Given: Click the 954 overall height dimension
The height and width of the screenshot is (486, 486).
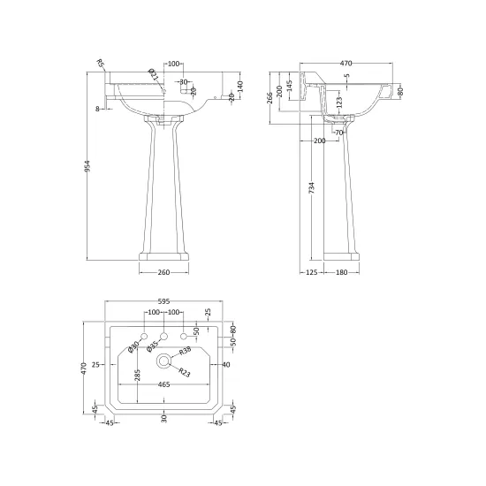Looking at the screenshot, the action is (x=87, y=166).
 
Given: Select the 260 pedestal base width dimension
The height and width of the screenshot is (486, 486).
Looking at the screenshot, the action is (x=163, y=272).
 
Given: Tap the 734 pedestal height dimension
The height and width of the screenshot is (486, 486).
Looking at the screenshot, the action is (x=312, y=188).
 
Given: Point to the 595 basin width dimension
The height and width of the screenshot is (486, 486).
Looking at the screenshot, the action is (x=164, y=301).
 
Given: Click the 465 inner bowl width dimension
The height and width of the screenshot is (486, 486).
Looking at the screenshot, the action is (x=164, y=384).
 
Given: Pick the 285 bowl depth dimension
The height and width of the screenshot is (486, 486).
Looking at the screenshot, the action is (x=137, y=375).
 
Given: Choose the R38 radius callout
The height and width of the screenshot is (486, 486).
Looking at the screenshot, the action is (x=185, y=352).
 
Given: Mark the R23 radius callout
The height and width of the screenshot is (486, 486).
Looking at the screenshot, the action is (x=184, y=373).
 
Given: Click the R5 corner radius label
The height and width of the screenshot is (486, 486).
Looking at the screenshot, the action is (x=101, y=64).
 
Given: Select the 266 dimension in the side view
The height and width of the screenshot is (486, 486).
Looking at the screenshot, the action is (x=270, y=97).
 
